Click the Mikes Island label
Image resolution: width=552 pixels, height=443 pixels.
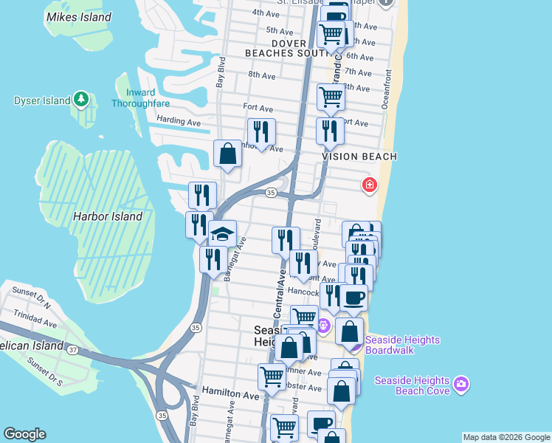point(78,17)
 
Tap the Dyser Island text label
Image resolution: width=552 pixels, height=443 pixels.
point(41,100)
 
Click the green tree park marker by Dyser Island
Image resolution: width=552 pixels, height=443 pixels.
point(80,100)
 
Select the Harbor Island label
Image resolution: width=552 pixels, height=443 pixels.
point(107,217)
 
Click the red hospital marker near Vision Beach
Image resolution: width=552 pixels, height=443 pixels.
point(369,185)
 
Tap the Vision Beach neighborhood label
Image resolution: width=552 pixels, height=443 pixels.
point(359,157)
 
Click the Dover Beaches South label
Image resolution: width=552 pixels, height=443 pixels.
point(290,49)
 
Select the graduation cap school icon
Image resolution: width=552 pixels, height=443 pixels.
point(222,234)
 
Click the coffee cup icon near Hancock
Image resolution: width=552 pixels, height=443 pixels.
point(353,298)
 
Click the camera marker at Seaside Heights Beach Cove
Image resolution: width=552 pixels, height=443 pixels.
point(461,383)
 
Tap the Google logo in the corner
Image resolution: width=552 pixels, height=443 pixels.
point(24,434)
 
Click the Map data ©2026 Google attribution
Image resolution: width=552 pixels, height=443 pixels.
point(506,437)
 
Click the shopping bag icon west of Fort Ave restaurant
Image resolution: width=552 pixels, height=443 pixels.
point(228,154)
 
